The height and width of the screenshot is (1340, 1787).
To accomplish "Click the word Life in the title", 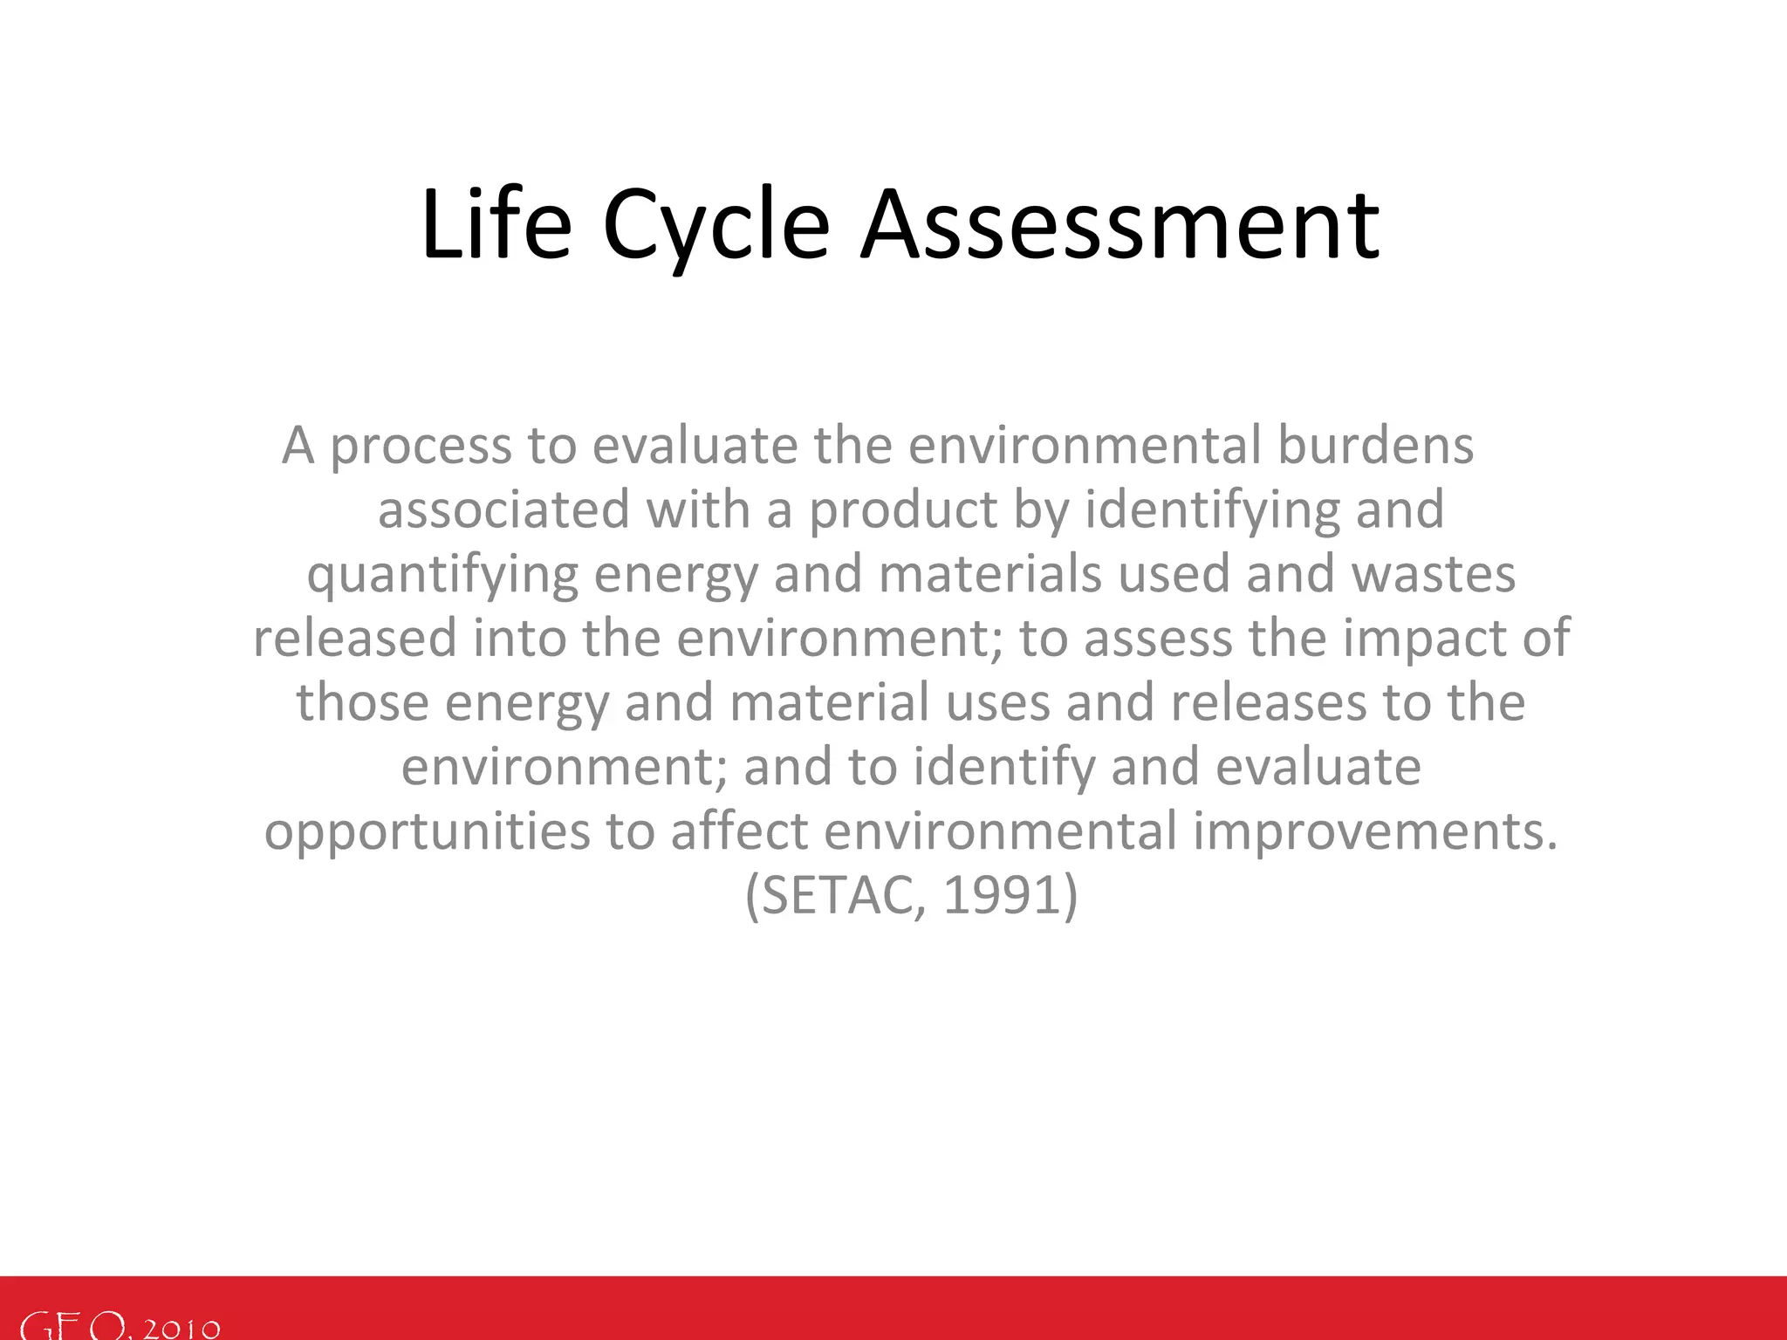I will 496,225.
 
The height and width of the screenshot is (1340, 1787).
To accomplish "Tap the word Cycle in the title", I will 715,225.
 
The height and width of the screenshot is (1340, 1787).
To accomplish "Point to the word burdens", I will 1375,445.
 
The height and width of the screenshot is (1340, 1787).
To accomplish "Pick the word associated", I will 503,509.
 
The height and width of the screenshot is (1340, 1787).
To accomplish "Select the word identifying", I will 1212,509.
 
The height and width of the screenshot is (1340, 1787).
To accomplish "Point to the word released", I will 354,638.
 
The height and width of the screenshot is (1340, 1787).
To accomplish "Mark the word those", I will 362,702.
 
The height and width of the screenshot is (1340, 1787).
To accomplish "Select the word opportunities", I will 428,831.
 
